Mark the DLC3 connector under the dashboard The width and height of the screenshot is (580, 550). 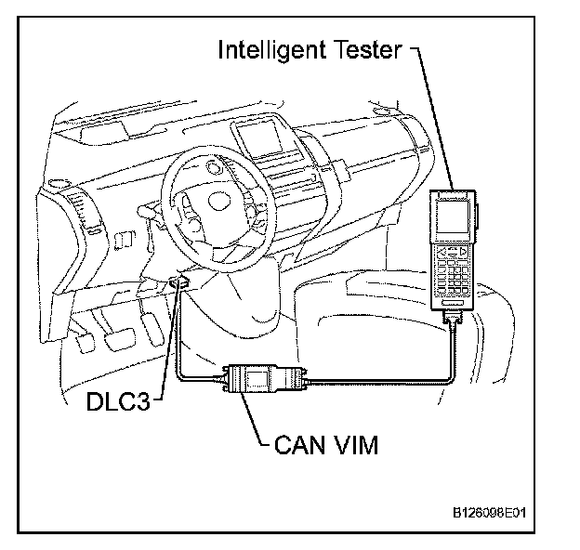click(x=182, y=282)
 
